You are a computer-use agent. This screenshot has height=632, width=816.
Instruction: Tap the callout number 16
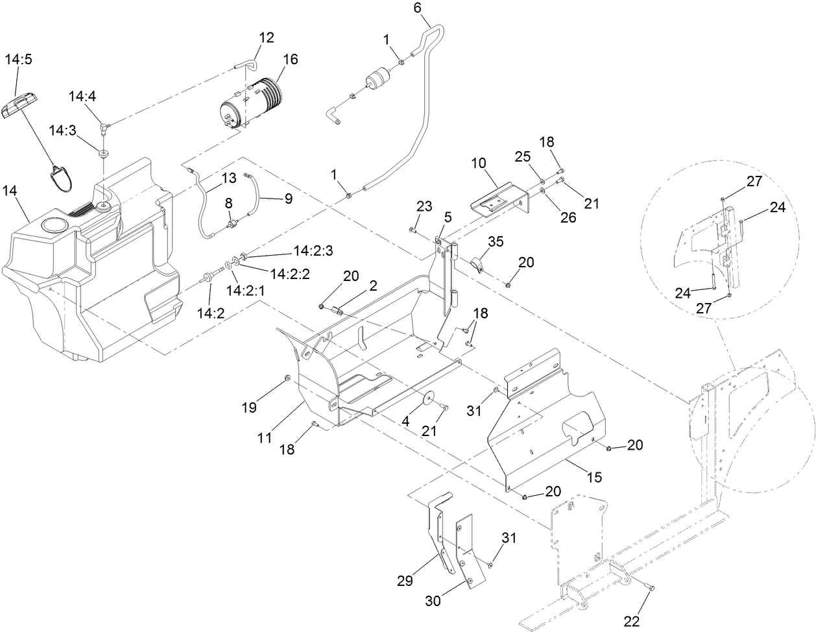pos(290,59)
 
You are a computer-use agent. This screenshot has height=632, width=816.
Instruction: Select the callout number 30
pos(433,601)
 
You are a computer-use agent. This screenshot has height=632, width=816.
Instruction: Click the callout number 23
pos(424,207)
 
